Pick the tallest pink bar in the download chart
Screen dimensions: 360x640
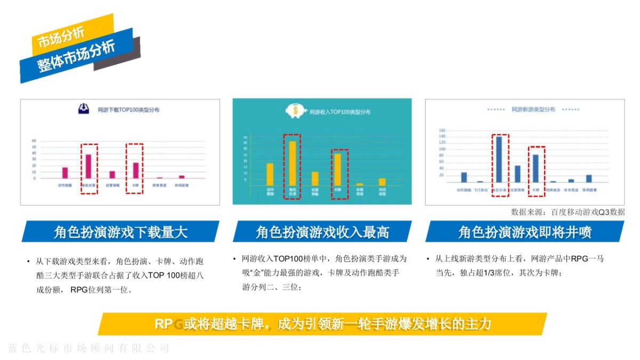point(89,166)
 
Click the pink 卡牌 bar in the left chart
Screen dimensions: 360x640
point(135,170)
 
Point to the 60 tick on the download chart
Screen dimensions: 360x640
point(34,141)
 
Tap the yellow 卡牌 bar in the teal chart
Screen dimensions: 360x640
point(338,170)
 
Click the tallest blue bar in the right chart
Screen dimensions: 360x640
point(499,159)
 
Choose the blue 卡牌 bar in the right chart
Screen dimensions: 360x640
point(535,169)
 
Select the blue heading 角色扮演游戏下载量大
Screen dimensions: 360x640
point(121,232)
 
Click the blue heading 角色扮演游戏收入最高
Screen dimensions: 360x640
point(322,232)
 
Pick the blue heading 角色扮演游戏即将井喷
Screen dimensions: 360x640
point(525,232)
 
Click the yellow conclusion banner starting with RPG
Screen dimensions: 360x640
point(323,324)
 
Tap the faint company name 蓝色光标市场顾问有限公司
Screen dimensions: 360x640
point(89,348)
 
